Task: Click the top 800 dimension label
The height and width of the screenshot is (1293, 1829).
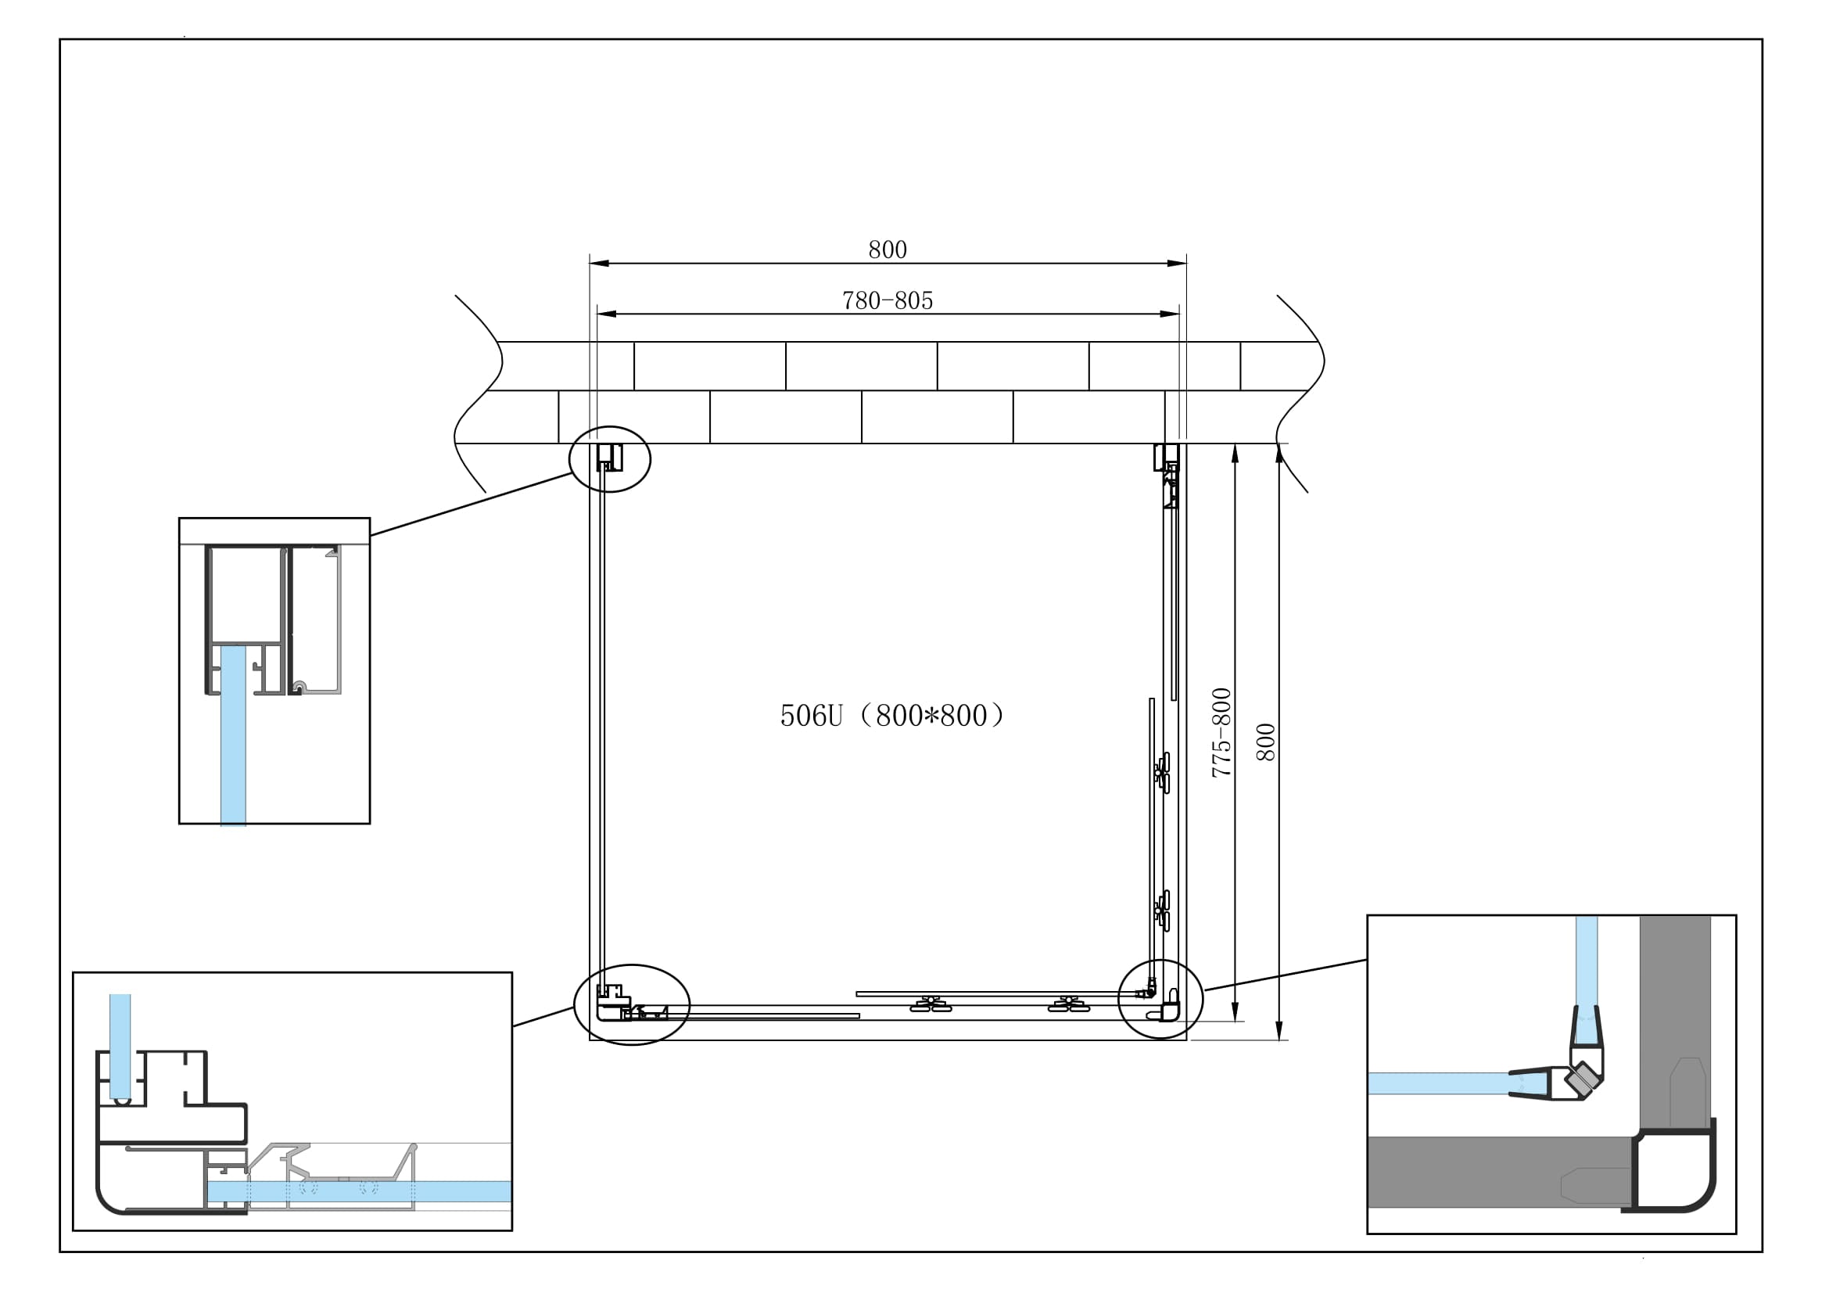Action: point(887,250)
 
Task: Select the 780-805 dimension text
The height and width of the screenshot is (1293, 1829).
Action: point(887,301)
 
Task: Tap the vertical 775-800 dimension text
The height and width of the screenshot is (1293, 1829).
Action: point(1221,732)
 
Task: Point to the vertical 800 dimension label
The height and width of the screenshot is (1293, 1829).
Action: point(1266,742)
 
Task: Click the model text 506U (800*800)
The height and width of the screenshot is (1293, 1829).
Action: point(892,716)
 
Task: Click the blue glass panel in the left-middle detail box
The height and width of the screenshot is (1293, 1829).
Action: point(232,733)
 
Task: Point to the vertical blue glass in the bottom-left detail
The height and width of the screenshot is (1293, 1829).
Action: point(120,1043)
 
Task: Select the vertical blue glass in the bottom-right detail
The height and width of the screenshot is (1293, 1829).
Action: point(1586,964)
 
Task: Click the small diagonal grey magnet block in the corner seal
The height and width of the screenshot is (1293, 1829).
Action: point(1579,1081)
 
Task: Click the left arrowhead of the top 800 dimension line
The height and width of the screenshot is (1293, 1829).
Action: point(597,263)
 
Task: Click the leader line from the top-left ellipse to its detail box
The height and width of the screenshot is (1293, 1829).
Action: point(472,504)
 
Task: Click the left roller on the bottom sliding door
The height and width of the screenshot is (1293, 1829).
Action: point(930,1004)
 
